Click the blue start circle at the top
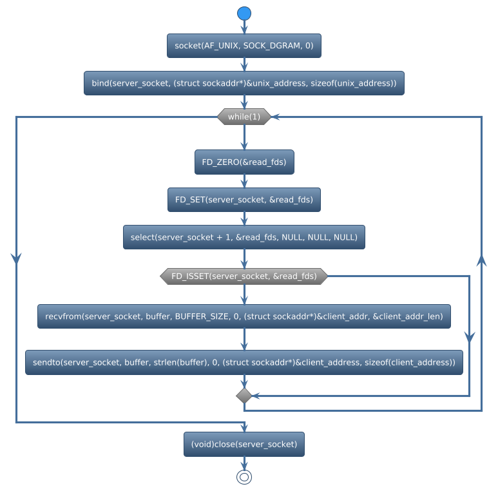[x=244, y=13]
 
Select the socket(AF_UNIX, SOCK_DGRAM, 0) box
[x=244, y=46]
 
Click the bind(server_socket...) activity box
[x=244, y=83]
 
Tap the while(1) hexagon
[x=244, y=117]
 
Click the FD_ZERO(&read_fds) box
[x=244, y=162]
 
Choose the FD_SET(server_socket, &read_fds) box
[x=244, y=200]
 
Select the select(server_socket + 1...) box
[x=244, y=237]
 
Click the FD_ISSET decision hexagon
[x=244, y=276]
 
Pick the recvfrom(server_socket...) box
[x=244, y=316]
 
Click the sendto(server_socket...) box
[x=244, y=362]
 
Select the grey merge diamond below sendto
[x=244, y=395]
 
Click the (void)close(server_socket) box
[x=244, y=444]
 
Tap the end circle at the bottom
[x=244, y=477]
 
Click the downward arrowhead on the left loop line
[x=16, y=257]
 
